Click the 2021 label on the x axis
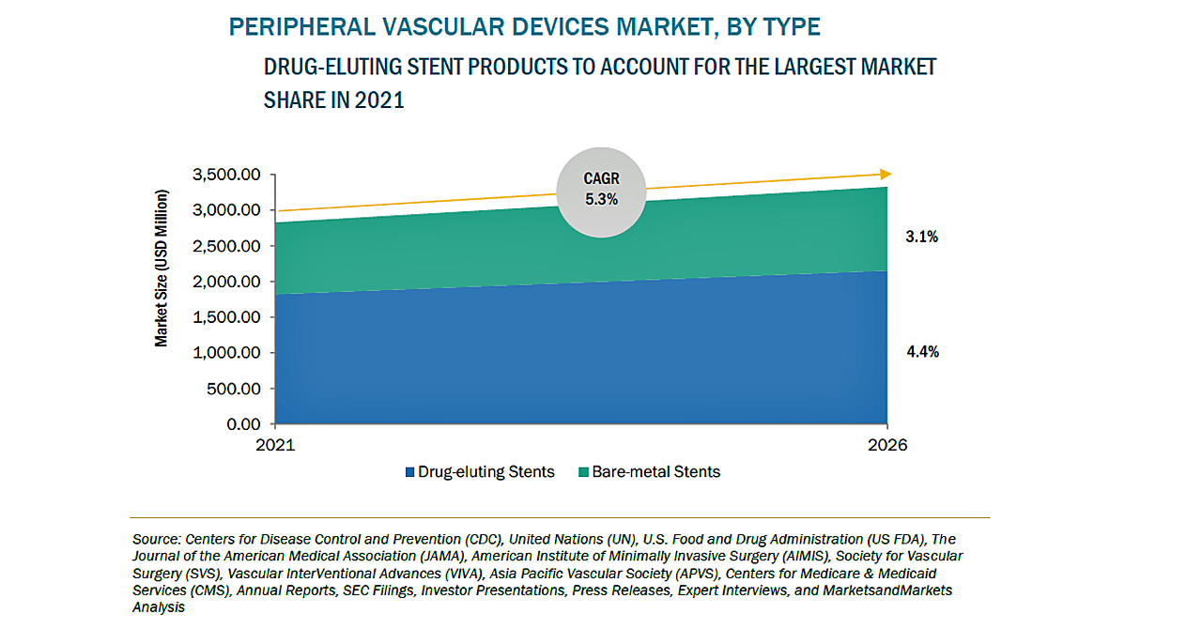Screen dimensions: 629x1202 point(275,445)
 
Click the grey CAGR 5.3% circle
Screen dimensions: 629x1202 point(601,191)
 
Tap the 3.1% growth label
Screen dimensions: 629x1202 point(921,238)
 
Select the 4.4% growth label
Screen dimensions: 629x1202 point(921,353)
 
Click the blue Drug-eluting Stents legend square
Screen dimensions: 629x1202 point(409,472)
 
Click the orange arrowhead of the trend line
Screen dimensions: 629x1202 point(886,174)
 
